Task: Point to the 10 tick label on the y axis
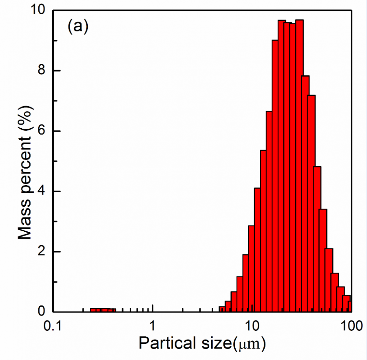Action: pyautogui.click(x=39, y=11)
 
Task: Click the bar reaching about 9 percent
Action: pyautogui.click(x=275, y=175)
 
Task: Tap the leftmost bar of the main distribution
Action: pyautogui.click(x=222, y=309)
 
